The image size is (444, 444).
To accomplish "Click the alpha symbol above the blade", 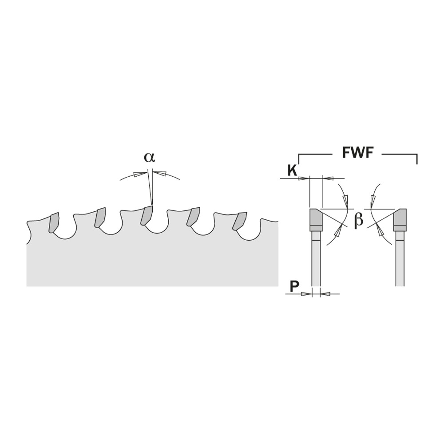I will (149, 157).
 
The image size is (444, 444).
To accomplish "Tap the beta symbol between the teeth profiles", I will (359, 220).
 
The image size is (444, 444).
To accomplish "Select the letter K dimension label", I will (292, 170).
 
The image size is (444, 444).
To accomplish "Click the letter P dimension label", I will (294, 286).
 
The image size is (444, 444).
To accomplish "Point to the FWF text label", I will (358, 153).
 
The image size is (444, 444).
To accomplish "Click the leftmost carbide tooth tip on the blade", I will (54, 222).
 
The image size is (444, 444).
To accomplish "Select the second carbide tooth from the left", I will (99, 217).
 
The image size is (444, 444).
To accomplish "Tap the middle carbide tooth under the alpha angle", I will (147, 215).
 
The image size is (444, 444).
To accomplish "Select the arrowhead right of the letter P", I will (325, 293).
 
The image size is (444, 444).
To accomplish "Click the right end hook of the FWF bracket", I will (417, 159).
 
